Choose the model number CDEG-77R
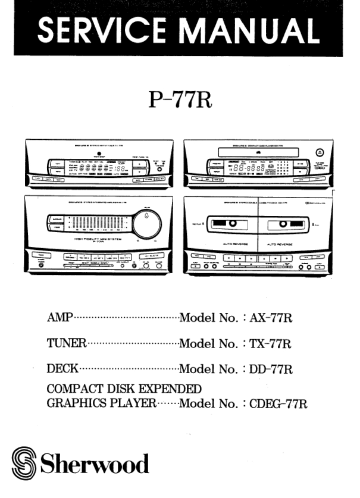point(278,404)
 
